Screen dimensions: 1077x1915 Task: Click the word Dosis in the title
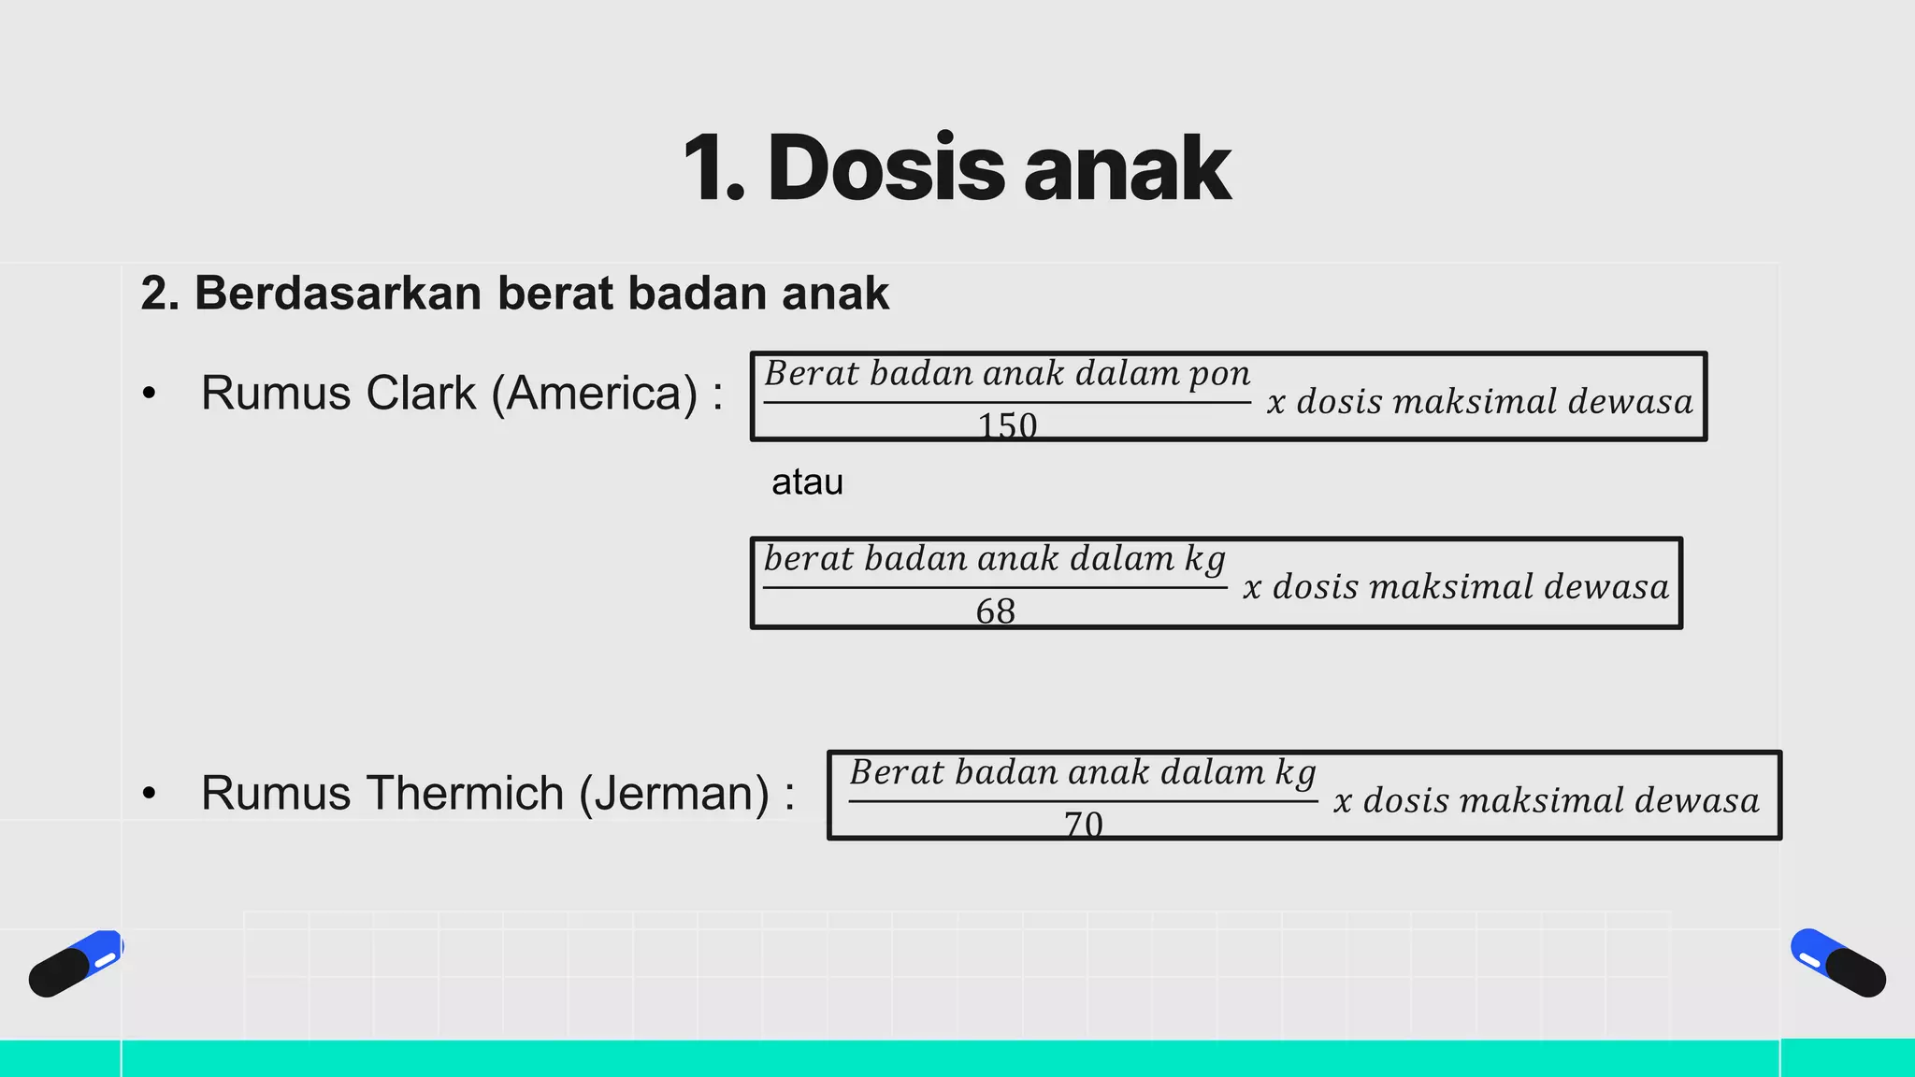(x=886, y=168)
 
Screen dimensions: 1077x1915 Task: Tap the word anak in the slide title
(x=1127, y=168)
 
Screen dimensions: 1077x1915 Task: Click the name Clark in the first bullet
(x=421, y=393)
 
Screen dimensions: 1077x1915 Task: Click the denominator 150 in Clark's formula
(x=1007, y=426)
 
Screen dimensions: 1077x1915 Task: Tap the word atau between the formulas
(x=807, y=482)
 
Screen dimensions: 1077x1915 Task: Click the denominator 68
(x=995, y=611)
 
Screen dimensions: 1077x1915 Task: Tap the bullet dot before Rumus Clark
(x=150, y=394)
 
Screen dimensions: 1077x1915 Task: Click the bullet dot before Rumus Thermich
(x=150, y=794)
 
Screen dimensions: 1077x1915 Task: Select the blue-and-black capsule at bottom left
(x=76, y=963)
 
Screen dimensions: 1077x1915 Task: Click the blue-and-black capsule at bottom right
(x=1837, y=963)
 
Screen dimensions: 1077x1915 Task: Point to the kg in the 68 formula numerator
(x=1204, y=560)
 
